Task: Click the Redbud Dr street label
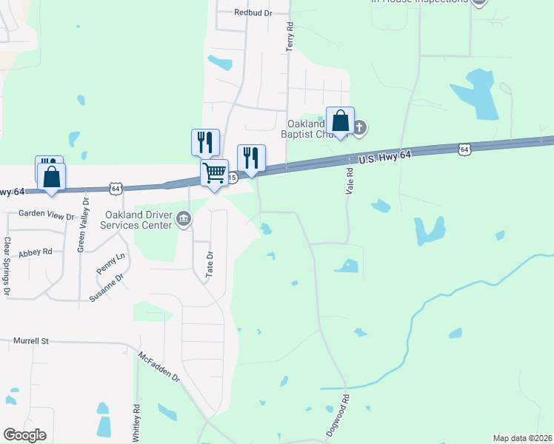point(253,13)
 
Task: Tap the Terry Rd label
point(290,36)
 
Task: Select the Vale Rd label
point(350,180)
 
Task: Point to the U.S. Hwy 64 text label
point(384,157)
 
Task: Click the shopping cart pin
point(214,173)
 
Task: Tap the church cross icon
point(359,128)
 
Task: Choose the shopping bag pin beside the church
point(340,121)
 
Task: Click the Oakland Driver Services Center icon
point(184,218)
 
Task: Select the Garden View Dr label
point(47,216)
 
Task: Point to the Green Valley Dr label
point(83,225)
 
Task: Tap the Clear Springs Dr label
point(7,266)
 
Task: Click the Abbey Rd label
point(36,252)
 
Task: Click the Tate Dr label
point(210,264)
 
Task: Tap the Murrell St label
point(30,341)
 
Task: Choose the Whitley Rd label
point(137,419)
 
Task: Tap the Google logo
point(24,435)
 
